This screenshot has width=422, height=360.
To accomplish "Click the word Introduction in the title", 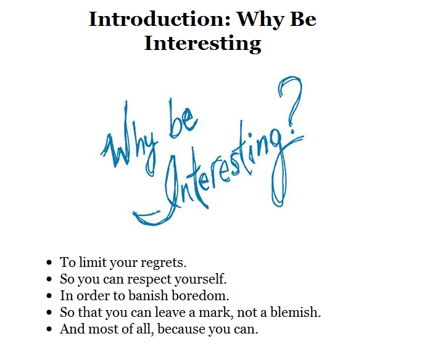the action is [160, 19].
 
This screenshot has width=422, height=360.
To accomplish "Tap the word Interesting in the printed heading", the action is [202, 44].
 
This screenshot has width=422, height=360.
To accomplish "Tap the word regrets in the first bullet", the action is [163, 263].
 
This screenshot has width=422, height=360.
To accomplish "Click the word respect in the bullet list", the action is [149, 279].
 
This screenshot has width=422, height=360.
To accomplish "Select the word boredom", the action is [201, 295].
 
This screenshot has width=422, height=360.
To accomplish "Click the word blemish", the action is [296, 312].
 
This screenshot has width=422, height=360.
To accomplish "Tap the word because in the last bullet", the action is [181, 329].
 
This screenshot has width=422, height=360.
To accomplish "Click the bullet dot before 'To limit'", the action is [49, 263].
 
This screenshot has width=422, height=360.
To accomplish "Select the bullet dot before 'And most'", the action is [49, 329].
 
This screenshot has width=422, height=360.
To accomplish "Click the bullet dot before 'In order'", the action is [49, 296].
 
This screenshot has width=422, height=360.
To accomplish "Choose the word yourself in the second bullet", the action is [201, 279].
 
